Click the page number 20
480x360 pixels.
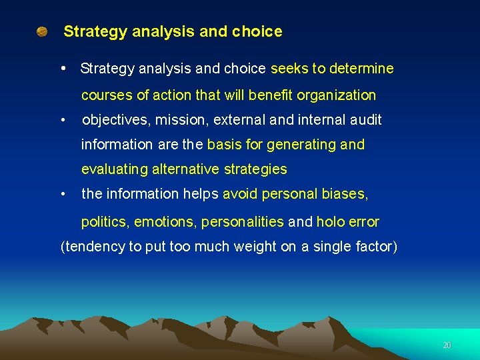447,345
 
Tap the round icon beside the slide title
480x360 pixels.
42,31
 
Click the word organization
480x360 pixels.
337,95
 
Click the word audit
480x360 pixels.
363,121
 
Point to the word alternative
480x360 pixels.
186,169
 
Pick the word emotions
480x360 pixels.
166,222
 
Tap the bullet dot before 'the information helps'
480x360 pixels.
62,195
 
